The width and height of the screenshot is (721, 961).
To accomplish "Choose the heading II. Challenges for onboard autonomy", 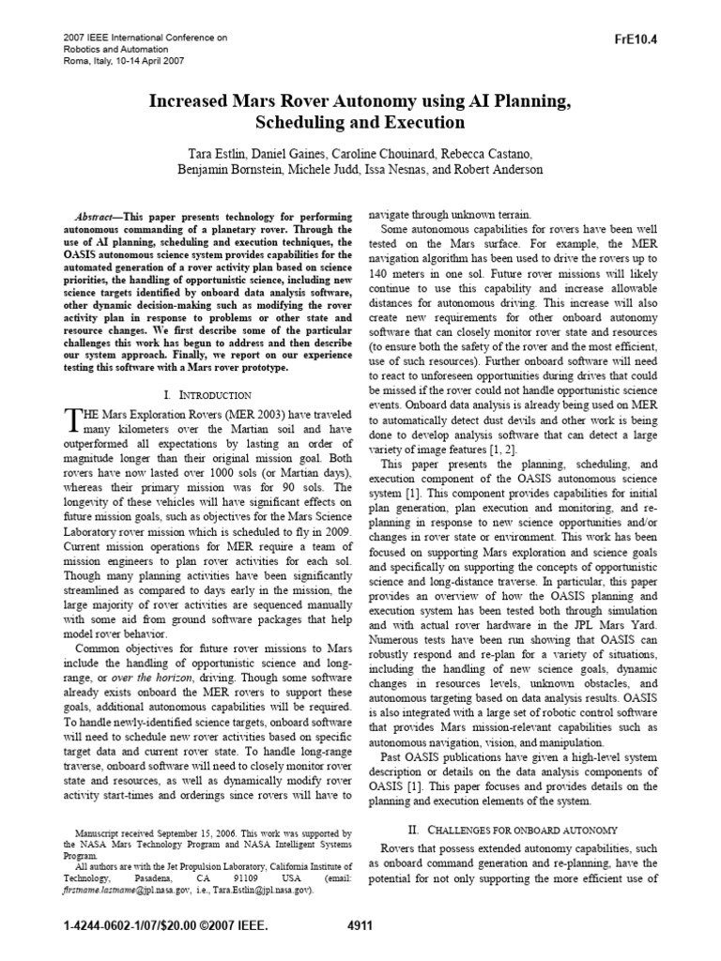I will coord(512,830).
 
